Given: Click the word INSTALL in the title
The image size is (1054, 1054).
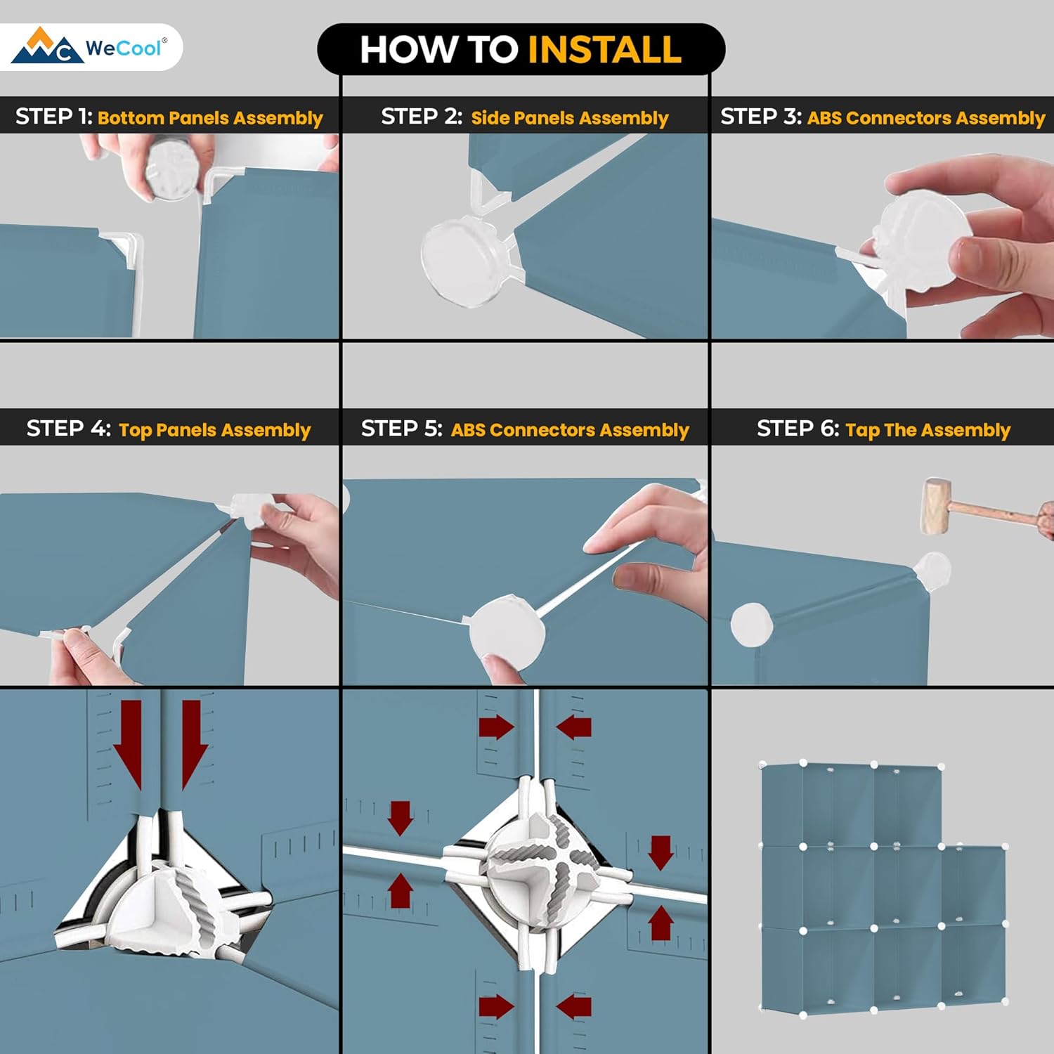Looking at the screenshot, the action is (x=604, y=49).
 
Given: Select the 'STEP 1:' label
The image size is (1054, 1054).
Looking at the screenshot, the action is (x=54, y=116).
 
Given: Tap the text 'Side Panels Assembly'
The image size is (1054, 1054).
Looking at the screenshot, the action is (x=569, y=117).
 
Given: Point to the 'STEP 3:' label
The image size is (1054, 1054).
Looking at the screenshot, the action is (x=761, y=116).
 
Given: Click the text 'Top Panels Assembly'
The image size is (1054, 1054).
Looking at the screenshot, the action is (x=214, y=429).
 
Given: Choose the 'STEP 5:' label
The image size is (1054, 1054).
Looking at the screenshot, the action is (x=401, y=428).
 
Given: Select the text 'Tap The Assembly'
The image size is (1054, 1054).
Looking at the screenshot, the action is (x=928, y=429).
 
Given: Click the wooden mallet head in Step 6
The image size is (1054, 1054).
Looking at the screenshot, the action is (x=935, y=507).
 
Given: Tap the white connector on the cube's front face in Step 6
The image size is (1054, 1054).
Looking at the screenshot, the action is (x=751, y=624).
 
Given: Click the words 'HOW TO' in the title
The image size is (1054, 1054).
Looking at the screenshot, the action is (x=439, y=49).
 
